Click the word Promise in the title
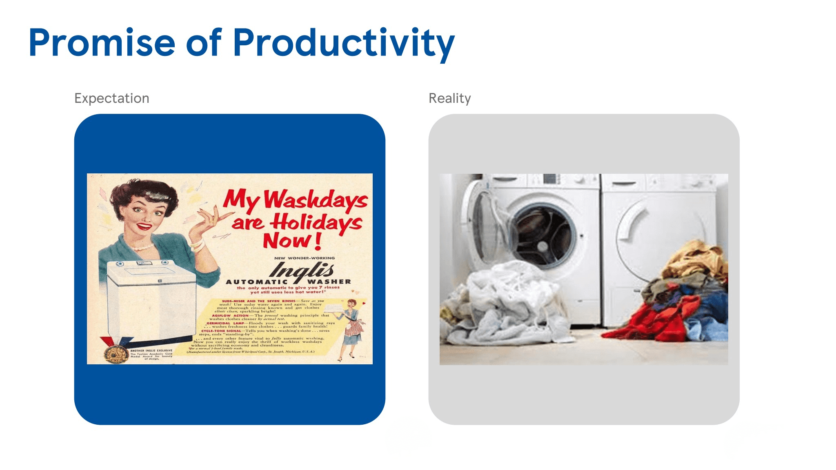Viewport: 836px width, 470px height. point(102,43)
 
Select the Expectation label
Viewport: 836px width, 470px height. point(112,98)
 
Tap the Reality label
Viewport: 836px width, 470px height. point(449,98)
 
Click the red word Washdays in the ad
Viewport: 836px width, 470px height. point(316,200)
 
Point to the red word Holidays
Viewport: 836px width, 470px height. point(317,223)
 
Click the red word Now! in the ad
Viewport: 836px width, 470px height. point(292,241)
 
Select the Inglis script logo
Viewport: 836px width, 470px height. point(302,270)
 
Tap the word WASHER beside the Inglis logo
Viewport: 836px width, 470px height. point(329,282)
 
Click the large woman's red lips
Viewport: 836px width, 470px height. point(144,226)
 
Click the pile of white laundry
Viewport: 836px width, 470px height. point(502,302)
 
